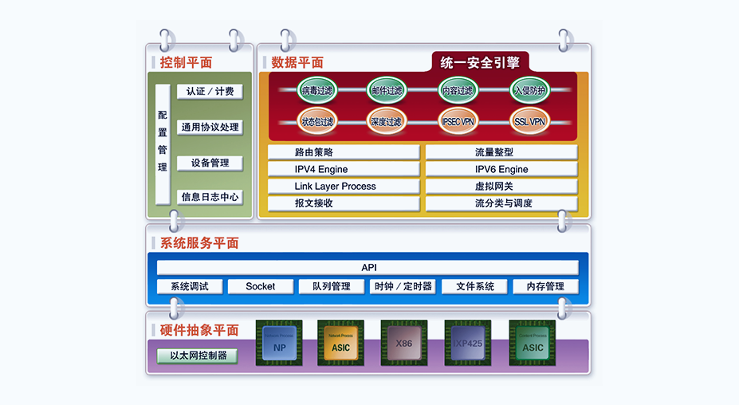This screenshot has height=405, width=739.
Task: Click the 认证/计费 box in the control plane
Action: click(x=210, y=92)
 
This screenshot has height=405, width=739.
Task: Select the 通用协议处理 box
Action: click(x=210, y=127)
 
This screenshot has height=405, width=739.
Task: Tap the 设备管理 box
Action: click(x=210, y=163)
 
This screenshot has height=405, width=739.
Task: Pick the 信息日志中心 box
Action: click(x=210, y=197)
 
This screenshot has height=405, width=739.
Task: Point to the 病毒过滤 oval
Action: click(x=317, y=90)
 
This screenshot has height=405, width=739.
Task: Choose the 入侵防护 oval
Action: click(x=530, y=90)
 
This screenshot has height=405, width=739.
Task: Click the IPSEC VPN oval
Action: click(x=458, y=121)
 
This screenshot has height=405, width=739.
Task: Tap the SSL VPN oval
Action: click(x=530, y=121)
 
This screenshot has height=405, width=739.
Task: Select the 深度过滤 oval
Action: click(x=387, y=121)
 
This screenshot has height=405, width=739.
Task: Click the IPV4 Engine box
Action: click(x=344, y=169)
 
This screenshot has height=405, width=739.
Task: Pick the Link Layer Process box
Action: click(x=344, y=186)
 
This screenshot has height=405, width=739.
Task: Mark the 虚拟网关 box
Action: click(x=501, y=186)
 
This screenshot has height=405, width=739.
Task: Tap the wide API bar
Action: click(x=368, y=267)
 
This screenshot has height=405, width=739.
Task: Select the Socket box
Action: click(x=260, y=286)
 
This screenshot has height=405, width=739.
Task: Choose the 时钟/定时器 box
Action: click(x=403, y=286)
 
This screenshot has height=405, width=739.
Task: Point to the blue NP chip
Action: click(x=279, y=344)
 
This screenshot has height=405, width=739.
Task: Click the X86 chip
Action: click(x=404, y=344)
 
